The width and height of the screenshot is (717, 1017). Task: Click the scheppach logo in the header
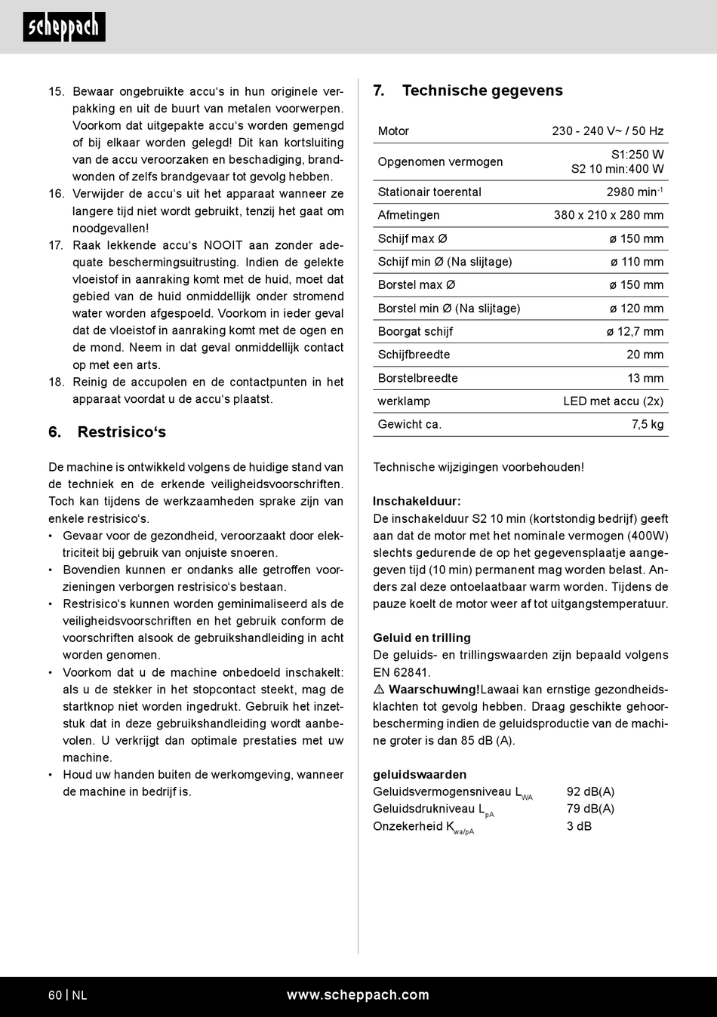pos(64,27)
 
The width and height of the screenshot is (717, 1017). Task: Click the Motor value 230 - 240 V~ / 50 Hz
pos(608,131)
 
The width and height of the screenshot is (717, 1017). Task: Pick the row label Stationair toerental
pos(429,192)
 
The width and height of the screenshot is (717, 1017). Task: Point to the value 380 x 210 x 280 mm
pos(608,215)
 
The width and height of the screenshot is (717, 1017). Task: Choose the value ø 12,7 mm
pos(635,331)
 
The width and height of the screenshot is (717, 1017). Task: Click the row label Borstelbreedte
pos(417,378)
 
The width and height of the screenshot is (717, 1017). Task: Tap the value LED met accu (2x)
pos(613,401)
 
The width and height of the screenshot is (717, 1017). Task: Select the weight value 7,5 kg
pos(648,424)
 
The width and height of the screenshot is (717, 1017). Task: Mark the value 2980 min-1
pos(634,192)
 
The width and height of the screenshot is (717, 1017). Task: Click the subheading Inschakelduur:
pos(417,501)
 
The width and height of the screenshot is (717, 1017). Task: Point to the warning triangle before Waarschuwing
pos(379,690)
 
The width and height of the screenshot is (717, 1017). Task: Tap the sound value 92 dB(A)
pos(590,791)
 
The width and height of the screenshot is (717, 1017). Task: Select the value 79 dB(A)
pos(590,809)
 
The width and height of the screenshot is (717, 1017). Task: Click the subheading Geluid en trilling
pos(421,638)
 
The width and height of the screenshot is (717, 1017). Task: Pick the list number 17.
pos(56,245)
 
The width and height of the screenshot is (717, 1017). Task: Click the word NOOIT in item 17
pos(223,245)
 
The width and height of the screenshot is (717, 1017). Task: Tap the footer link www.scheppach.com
pos(358,995)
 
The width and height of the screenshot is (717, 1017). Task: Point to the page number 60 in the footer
pos(55,995)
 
